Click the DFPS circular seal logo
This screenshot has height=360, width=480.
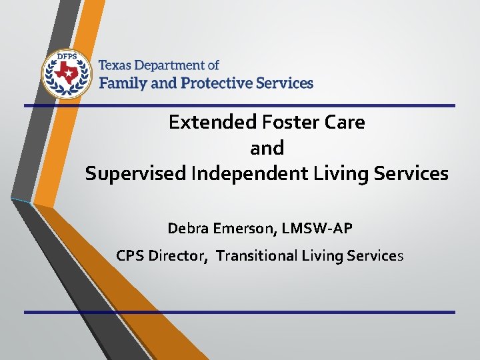[65, 73]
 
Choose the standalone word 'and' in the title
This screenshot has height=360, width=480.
[267, 147]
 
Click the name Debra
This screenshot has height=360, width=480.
[187, 229]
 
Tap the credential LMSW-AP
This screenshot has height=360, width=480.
[316, 229]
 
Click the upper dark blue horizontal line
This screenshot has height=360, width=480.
[240, 105]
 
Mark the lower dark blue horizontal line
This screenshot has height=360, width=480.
[240, 311]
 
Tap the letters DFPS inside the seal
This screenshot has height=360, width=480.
[65, 58]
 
